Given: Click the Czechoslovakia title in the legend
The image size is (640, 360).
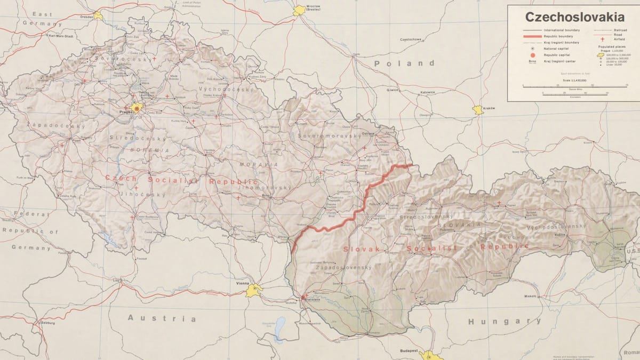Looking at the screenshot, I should click(574, 17).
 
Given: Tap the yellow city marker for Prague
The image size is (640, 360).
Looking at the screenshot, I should click(137, 108).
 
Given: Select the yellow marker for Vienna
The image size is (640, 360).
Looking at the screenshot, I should click(254, 290).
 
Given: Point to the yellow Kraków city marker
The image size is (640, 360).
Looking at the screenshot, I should click(478, 109).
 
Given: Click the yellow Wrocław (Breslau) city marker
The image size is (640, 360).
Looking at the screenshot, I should click(299, 10).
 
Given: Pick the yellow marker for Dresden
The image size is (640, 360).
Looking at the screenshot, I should click(98, 15).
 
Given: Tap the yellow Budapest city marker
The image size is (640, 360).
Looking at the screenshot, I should click(429, 355).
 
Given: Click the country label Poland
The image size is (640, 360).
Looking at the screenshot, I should click(404, 63).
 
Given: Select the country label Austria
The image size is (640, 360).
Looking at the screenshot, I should click(162, 318).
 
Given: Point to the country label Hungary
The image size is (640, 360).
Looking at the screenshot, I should click(504, 321).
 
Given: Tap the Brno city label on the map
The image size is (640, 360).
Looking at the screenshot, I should click(265, 196).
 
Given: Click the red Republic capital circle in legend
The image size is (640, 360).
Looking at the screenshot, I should click(532, 55).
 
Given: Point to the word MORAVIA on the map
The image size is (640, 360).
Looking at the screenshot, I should click(258, 165).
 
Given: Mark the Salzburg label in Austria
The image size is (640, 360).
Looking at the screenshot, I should click(47, 323).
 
